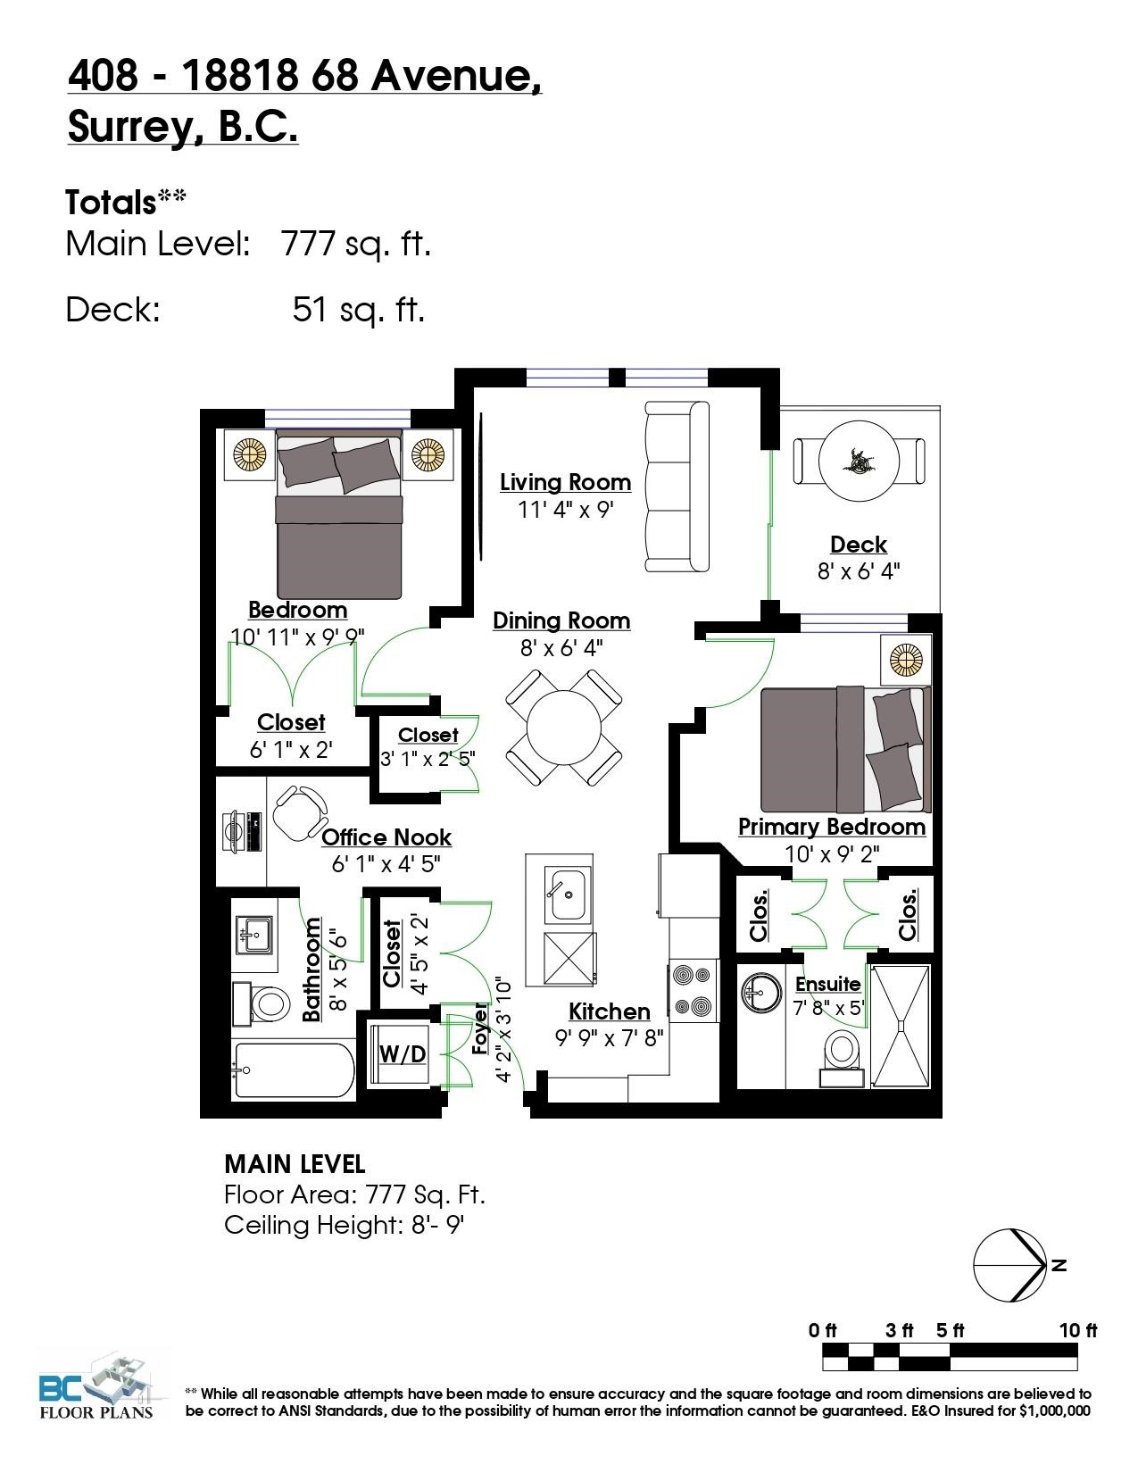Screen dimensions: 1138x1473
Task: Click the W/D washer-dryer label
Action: (403, 1053)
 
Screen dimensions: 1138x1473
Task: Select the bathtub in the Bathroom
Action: (294, 1070)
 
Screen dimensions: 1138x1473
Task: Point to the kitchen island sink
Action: (568, 894)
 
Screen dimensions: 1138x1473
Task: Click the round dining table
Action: (563, 728)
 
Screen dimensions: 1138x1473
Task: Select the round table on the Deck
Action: (859, 461)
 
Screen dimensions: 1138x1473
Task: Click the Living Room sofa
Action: (677, 486)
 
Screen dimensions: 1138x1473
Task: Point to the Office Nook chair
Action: (300, 812)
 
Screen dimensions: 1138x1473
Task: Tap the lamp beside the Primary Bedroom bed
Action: (906, 660)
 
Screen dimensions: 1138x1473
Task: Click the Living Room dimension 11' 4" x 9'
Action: (565, 509)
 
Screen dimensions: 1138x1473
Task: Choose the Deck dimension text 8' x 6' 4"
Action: (858, 571)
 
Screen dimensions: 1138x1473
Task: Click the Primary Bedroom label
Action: (832, 827)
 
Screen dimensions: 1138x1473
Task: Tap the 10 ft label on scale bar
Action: (1077, 1330)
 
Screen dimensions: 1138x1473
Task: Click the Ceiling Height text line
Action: (344, 1225)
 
